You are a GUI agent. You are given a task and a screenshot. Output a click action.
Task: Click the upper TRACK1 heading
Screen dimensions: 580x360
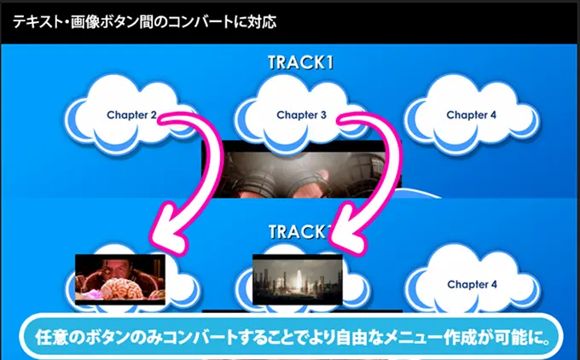pos(300,62)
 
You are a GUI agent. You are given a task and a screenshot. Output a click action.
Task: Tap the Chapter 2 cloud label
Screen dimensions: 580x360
pos(131,115)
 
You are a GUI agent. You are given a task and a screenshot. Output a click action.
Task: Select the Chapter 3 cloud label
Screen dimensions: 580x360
pos(301,115)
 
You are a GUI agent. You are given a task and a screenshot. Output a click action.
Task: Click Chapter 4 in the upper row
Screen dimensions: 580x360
pos(471,115)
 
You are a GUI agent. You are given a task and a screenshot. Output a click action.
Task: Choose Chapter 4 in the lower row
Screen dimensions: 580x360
pos(472,285)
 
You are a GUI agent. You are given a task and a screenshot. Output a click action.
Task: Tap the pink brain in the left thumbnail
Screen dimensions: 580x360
pos(123,289)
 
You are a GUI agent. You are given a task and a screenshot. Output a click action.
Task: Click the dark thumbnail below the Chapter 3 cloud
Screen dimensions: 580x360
pos(301,169)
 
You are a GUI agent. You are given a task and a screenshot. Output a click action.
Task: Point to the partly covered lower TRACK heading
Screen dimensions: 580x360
pos(299,232)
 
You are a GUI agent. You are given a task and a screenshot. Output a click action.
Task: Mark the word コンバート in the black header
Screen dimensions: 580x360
pos(195,22)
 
